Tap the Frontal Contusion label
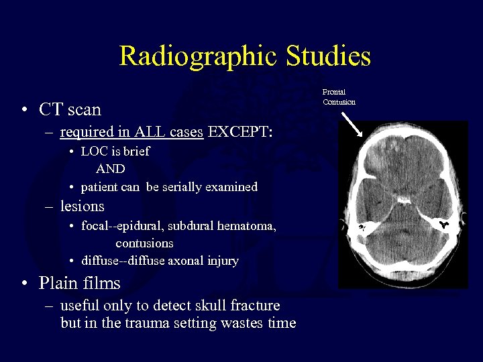(x=339, y=97)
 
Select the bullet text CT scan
(x=70, y=109)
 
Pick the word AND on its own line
(x=110, y=169)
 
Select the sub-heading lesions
(x=82, y=206)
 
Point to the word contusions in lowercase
(x=144, y=243)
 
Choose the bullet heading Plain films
(x=79, y=283)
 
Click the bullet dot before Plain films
(x=24, y=284)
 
